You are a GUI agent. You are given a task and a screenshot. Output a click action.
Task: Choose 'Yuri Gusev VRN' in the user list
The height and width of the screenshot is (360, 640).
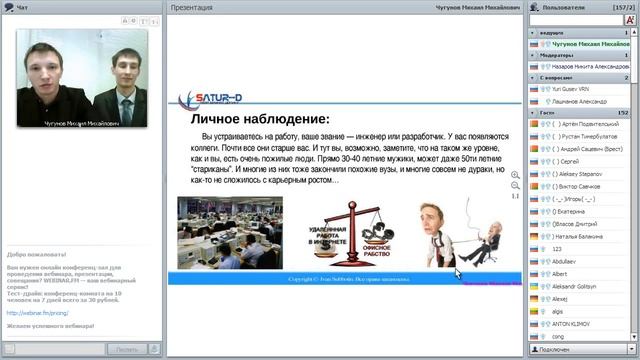[x=570, y=88]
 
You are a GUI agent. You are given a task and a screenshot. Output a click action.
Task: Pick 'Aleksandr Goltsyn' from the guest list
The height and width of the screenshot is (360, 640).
[x=578, y=286]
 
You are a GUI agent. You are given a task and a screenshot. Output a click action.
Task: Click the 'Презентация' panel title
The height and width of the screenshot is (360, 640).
[x=192, y=7]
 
